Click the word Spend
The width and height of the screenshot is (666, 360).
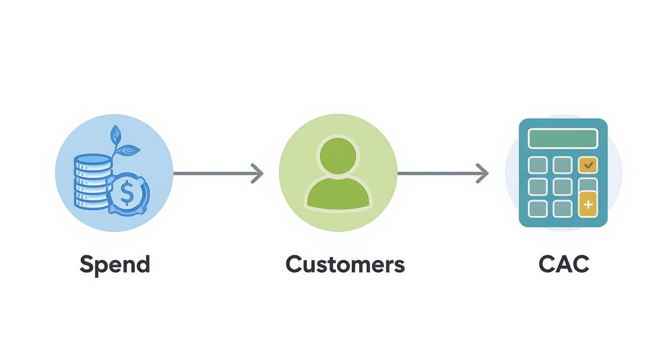tap(115, 265)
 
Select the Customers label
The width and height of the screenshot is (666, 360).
tap(345, 265)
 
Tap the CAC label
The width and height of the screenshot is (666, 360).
tap(564, 265)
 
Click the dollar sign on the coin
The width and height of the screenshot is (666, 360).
tap(127, 193)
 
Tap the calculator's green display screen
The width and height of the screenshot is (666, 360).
tap(563, 138)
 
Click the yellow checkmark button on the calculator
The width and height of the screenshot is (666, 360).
tap(588, 165)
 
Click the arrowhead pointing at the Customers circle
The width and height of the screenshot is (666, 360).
tap(257, 173)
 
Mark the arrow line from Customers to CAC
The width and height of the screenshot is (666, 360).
tap(438, 173)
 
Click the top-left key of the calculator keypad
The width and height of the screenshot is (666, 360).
tap(538, 165)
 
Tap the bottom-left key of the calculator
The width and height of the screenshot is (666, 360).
tap(538, 208)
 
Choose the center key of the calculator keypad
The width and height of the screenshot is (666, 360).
tap(563, 187)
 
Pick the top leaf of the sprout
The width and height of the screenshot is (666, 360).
tap(115, 135)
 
